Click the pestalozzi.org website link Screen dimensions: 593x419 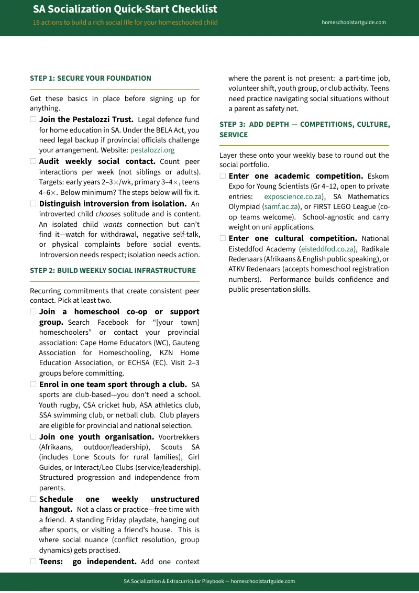(152, 150)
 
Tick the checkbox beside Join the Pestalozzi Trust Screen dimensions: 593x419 (33, 119)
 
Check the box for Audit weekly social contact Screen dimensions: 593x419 (33, 161)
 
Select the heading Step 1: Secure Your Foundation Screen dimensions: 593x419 (91, 79)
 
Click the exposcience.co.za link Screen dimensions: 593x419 (293, 197)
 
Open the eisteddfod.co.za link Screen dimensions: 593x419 (327, 249)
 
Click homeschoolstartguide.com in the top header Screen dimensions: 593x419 (354, 23)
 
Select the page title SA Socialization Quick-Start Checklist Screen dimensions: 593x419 (125, 9)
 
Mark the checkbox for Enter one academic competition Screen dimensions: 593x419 (223, 176)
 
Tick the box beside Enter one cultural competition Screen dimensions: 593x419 (223, 238)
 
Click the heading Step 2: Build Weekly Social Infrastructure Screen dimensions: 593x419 (113, 271)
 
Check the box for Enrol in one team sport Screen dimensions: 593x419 (33, 385)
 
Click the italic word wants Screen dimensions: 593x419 (113, 225)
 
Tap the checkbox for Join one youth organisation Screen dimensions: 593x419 (33, 436)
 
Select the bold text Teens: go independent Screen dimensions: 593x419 (87, 562)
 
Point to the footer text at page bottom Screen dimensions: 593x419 (209, 581)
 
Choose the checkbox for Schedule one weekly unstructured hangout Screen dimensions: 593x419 (33, 499)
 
